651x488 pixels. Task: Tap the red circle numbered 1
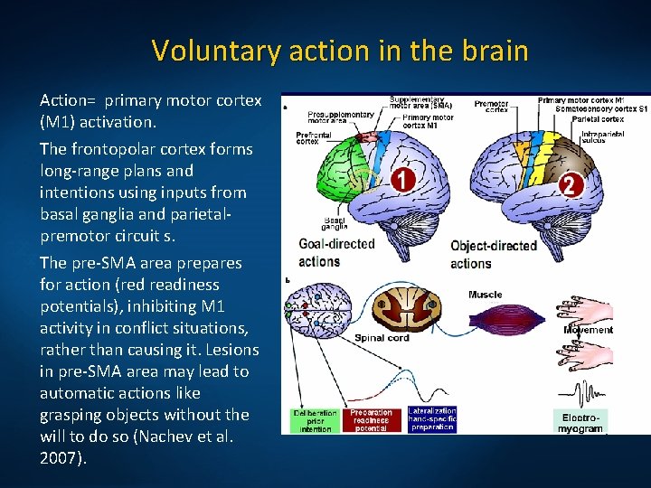402,180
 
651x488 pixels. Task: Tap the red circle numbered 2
569,185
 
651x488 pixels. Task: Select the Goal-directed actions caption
336,253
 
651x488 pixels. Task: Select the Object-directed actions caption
493,255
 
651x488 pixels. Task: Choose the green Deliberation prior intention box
315,421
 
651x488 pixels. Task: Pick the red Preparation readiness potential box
373,421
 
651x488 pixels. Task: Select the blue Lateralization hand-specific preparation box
432,419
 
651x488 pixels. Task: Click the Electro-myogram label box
580,421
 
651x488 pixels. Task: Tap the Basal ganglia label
336,225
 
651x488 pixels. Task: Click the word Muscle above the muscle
486,295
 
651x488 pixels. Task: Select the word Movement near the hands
588,330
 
